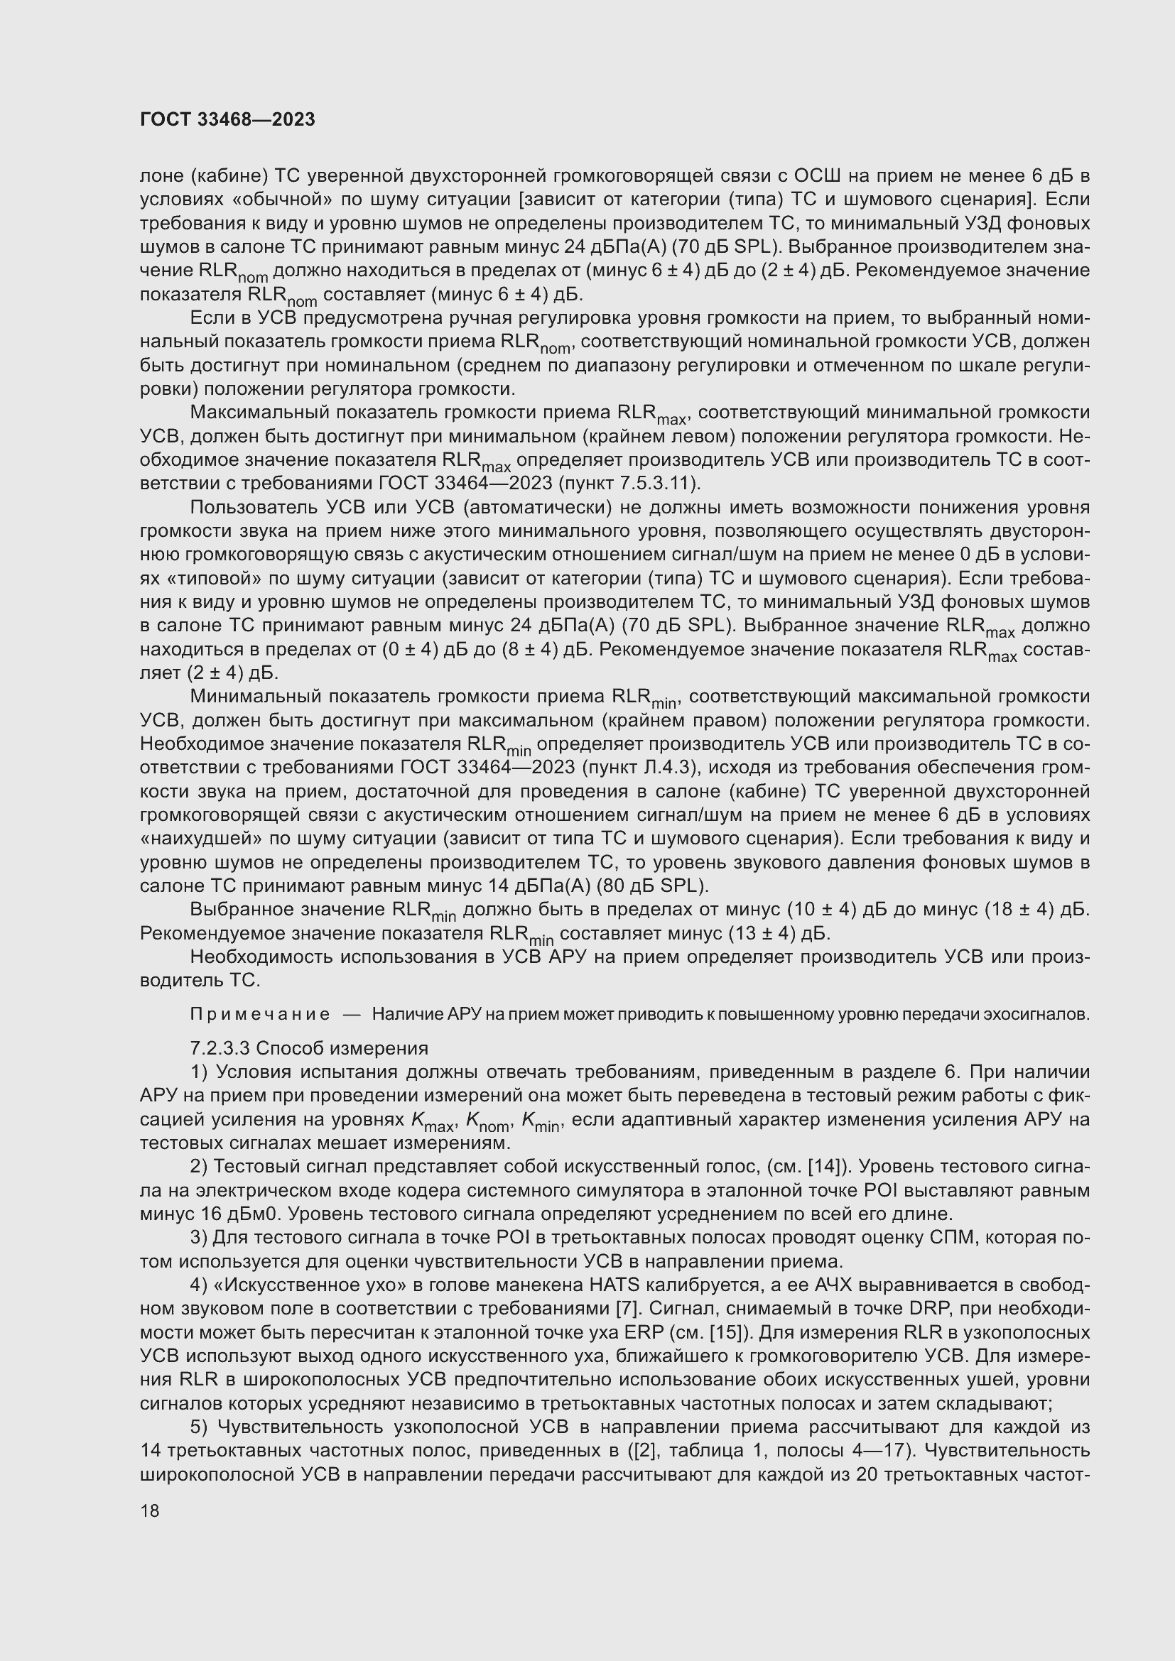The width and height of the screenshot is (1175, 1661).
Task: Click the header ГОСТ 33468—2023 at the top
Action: point(227,120)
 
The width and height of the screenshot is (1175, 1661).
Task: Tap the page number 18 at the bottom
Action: point(150,1510)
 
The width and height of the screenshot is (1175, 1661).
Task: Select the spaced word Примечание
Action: point(260,1014)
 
